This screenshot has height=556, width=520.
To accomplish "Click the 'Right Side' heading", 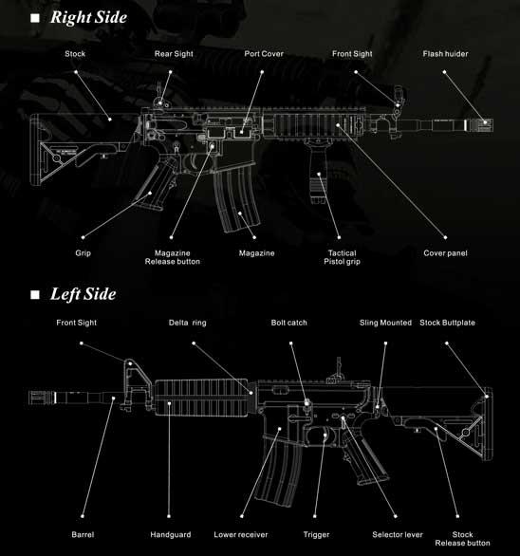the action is (x=88, y=17).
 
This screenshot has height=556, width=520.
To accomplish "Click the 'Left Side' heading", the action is (x=84, y=294).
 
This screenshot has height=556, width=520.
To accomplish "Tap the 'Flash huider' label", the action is (x=445, y=54).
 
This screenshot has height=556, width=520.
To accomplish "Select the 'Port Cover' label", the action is (x=264, y=54).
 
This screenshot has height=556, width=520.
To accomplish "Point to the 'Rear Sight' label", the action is (x=174, y=54).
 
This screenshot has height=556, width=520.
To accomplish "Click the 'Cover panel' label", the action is (x=445, y=253).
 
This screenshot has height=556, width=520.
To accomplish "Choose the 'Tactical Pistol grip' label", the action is (x=342, y=257).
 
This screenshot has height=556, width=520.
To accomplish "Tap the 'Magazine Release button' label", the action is (x=173, y=257).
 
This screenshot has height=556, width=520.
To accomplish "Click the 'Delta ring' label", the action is (x=187, y=323).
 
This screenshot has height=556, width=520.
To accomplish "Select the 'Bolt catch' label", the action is (x=289, y=323).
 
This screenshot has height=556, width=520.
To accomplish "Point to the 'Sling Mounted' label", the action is (x=385, y=323).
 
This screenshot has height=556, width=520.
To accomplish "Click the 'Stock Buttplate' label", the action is (x=447, y=323).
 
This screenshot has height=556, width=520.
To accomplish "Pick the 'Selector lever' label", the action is (x=398, y=535).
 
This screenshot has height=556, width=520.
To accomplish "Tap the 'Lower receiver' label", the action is (x=241, y=535).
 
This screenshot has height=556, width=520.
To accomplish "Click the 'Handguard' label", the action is (x=171, y=535).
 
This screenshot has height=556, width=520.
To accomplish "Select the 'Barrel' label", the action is (x=83, y=535).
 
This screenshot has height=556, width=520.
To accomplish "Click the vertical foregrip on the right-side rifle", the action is (x=318, y=172).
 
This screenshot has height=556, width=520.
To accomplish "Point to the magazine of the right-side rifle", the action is (x=236, y=198).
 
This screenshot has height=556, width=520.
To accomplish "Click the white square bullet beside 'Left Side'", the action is (x=35, y=295).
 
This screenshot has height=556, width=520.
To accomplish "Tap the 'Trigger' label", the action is (x=316, y=535).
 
